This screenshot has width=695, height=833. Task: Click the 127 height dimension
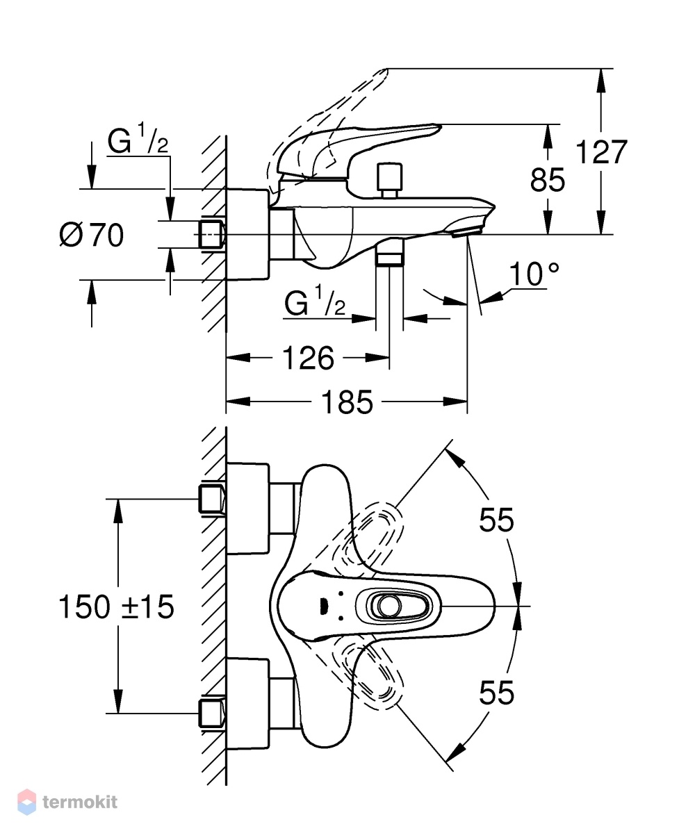pos(601,152)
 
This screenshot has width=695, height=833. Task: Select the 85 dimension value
pos(547,180)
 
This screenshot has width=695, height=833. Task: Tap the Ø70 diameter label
pos(91,235)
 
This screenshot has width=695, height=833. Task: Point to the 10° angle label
pos(534,274)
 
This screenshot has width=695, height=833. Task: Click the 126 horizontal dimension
pos(308,358)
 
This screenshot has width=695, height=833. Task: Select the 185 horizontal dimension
pos(347,402)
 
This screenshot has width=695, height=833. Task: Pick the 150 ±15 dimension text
pos(116,607)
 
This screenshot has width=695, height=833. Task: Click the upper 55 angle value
pos(496,520)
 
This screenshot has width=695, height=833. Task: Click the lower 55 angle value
pos(496,692)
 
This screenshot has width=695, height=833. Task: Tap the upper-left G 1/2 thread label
pos(138,139)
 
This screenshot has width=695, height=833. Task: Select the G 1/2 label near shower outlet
pos(315,301)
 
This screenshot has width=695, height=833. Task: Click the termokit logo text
pos(80,802)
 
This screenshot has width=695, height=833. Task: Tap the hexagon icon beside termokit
pos(26,802)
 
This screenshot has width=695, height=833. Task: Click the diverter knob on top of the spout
pos(389,180)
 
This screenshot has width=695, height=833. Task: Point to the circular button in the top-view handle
pos(389,606)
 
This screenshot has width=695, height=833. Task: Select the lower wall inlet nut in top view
pos(212,714)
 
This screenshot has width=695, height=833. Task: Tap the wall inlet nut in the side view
pos(212,234)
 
